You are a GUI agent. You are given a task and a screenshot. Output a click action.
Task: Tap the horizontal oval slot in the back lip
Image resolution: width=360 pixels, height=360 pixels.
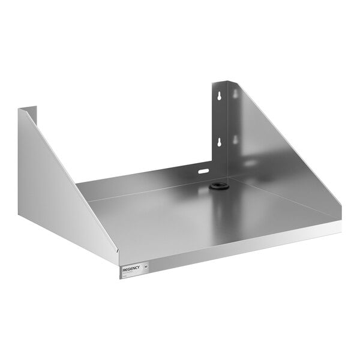click(204, 172)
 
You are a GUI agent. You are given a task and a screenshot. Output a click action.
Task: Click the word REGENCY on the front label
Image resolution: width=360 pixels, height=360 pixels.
click(132, 269)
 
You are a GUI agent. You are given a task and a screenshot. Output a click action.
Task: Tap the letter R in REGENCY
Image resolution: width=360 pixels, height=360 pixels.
click(124, 271)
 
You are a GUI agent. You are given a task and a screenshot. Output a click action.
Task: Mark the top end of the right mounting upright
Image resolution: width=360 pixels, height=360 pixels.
click(220, 82)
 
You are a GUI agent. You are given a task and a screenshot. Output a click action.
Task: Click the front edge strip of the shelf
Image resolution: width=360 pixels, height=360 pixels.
click(240, 246)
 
